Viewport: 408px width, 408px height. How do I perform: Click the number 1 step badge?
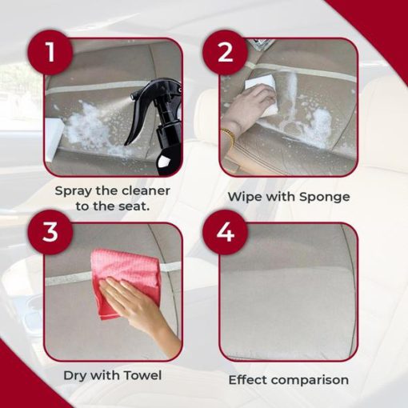coord(50,52)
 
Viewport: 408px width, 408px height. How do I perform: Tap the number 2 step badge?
coord(225,52)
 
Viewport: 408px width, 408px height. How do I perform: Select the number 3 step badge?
coord(50,232)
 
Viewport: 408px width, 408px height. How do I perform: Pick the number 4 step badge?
coord(225,232)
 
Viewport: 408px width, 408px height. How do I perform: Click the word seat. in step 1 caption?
coord(134,206)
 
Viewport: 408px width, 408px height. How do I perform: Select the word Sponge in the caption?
coord(324,198)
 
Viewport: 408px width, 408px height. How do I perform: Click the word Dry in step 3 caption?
coord(74,376)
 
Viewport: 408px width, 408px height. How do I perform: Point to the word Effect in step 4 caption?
coord(247,380)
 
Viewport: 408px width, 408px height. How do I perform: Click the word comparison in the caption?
coord(310,381)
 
